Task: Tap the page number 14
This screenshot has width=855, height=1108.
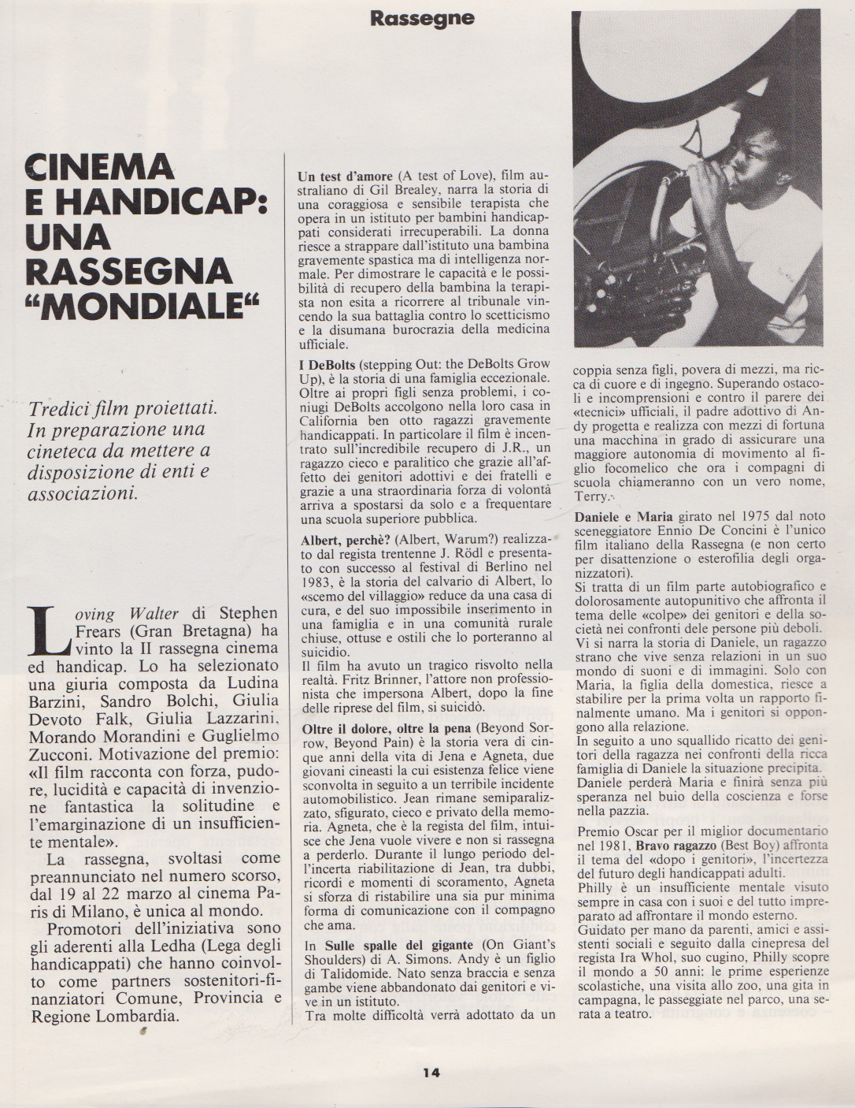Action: [x=431, y=1072]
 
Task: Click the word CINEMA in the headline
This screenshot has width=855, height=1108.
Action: [x=99, y=167]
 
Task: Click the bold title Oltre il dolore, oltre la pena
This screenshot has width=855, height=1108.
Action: [x=387, y=729]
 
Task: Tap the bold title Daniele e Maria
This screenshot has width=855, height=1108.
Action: [x=624, y=517]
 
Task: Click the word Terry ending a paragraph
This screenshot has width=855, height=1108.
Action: [x=591, y=496]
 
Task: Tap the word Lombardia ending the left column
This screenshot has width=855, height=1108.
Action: [x=146, y=1015]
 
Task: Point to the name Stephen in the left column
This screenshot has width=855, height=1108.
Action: [x=248, y=612]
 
